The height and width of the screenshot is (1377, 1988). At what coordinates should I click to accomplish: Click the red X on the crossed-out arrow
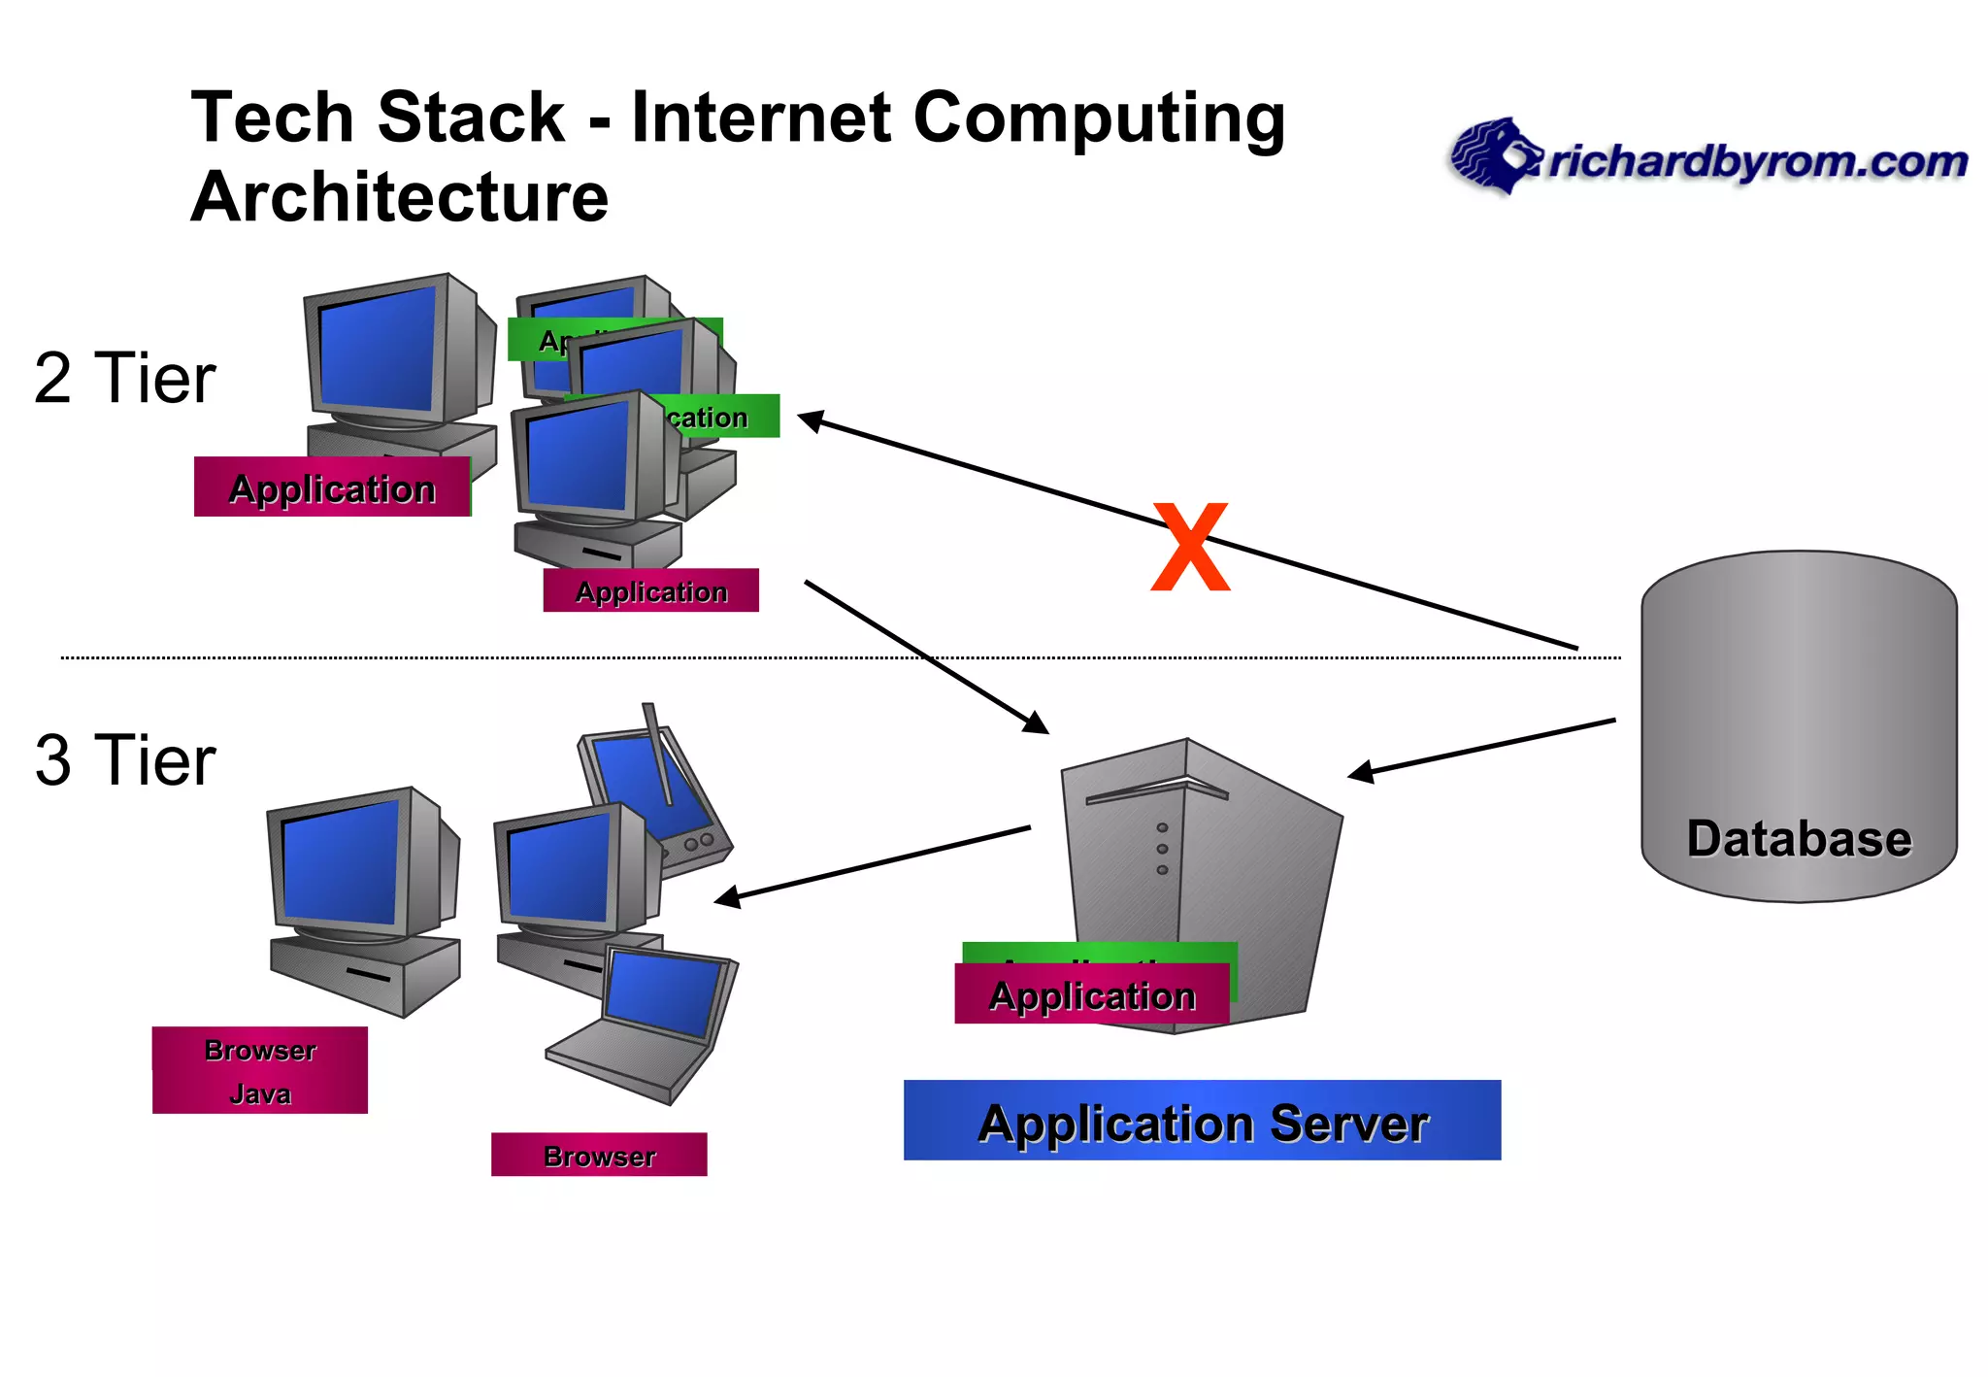1190,548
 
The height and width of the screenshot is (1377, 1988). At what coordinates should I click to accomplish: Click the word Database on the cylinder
1799,839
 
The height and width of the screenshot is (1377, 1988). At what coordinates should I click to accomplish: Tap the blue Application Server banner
1202,1121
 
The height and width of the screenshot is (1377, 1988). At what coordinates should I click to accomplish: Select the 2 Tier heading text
124,378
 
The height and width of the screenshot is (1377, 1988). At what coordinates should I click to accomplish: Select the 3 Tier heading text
124,760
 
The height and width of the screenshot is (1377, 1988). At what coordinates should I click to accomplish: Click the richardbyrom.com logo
1708,158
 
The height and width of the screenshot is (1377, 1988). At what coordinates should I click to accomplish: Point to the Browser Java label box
260,1070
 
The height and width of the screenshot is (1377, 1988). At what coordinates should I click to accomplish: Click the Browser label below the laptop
599,1155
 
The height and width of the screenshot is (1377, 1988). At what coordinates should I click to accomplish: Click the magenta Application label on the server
1092,995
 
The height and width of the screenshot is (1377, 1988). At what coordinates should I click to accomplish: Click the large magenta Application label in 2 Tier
332,487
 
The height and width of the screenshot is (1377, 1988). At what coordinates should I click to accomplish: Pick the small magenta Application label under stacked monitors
651,590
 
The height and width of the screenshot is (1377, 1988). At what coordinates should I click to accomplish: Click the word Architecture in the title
400,197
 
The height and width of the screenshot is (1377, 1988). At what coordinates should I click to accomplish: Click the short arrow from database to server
1481,747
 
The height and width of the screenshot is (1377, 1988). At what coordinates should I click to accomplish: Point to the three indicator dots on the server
1162,849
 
